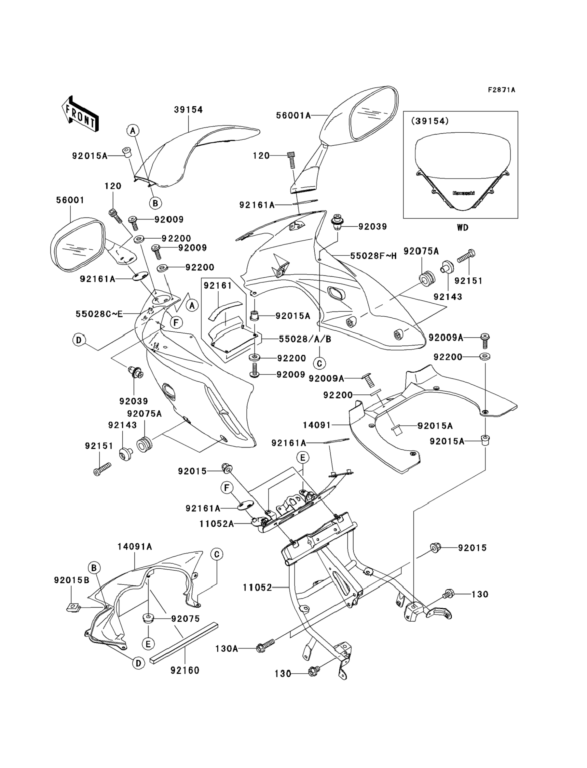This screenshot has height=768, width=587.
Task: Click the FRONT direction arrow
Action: click(80, 114)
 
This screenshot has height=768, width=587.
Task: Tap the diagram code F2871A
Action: click(501, 90)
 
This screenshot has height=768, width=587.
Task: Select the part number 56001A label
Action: click(293, 115)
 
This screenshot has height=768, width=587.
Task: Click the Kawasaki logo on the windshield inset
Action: click(464, 193)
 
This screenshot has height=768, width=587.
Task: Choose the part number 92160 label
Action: click(185, 670)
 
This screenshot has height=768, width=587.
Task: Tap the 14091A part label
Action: click(134, 547)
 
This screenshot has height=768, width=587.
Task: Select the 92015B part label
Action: click(72, 580)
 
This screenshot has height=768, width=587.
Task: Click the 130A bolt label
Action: click(227, 649)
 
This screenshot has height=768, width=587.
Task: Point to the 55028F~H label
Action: click(373, 256)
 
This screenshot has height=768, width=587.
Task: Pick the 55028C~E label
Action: click(99, 314)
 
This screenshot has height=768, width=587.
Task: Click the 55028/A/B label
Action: click(305, 339)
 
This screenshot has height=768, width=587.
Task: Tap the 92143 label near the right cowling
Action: click(448, 297)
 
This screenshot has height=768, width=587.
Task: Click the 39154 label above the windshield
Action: click(188, 110)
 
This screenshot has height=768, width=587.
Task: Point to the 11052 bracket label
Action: click(257, 588)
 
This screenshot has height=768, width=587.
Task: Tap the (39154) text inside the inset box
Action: click(430, 121)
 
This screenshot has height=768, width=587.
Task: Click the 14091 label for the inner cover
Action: click(317, 425)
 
